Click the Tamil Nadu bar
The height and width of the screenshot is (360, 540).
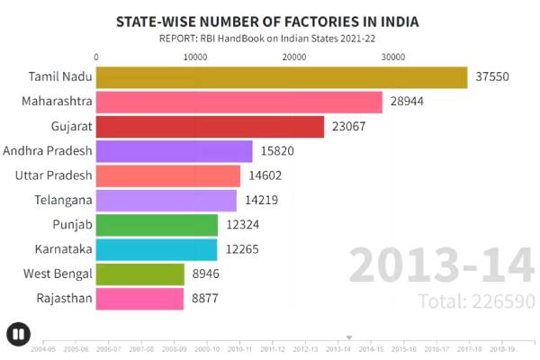coord(281,77)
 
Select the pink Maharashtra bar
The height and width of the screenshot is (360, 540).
coord(238,102)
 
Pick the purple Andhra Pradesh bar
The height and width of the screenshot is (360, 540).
coord(174,151)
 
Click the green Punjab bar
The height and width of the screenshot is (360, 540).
coord(157,225)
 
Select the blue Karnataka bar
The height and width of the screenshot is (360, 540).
coord(157,249)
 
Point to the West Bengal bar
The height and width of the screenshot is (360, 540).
coord(139,274)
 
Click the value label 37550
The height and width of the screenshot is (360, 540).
coord(491,77)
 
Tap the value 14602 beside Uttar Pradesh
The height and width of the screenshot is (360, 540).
coord(265,175)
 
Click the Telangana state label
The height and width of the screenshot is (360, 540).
coord(63,200)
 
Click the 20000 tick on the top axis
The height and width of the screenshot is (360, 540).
coord(294,57)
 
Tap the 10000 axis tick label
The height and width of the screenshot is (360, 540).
coord(195,57)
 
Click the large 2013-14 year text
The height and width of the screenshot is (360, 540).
coord(441,266)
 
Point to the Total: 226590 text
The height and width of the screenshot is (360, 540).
coord(476,301)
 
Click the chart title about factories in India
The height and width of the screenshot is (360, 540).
coord(267,21)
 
